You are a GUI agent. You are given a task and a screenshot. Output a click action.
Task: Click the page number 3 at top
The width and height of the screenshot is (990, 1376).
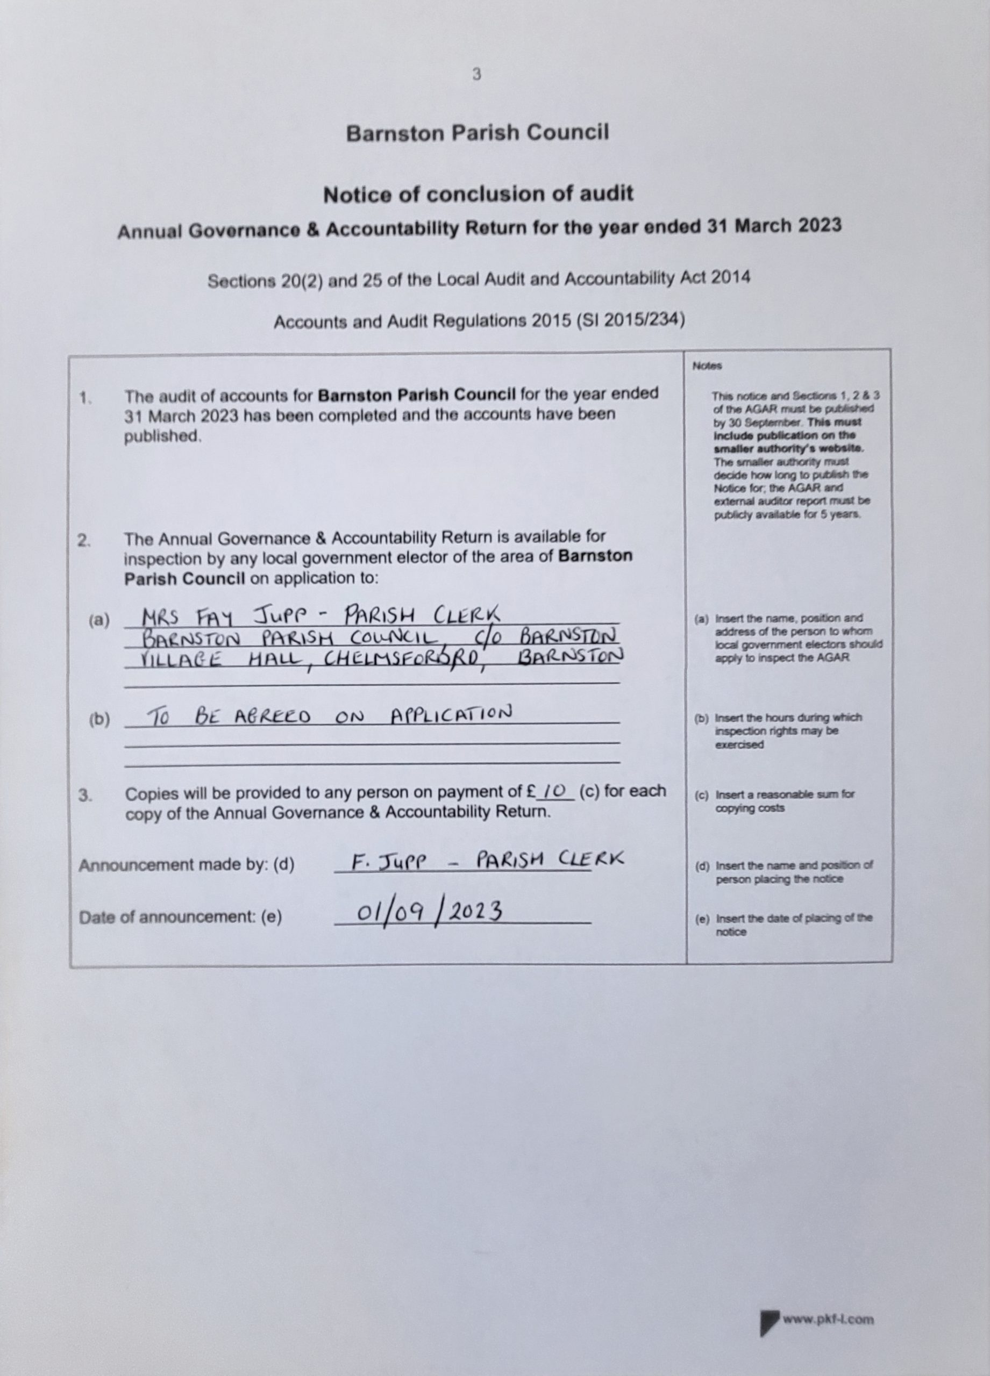pyautogui.click(x=476, y=75)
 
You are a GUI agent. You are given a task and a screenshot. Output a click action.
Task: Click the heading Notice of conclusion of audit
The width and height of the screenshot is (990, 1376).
pyautogui.click(x=478, y=195)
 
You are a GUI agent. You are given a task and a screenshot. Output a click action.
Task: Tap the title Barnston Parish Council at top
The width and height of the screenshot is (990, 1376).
pyautogui.click(x=477, y=133)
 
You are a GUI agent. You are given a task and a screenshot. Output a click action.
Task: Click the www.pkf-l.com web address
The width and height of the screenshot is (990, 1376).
pyautogui.click(x=828, y=1320)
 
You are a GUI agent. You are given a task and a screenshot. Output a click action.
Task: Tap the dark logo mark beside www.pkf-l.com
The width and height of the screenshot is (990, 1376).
pyautogui.click(x=769, y=1321)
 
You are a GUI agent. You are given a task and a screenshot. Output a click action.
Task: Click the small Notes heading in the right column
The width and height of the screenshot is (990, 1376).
pyautogui.click(x=707, y=367)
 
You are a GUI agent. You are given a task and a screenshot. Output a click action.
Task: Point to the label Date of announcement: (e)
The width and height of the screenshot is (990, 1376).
pyautogui.click(x=180, y=918)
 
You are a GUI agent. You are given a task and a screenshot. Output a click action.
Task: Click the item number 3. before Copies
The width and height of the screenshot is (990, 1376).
pyautogui.click(x=85, y=795)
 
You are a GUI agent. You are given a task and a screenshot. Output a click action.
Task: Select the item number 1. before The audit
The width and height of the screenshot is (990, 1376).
pyautogui.click(x=85, y=398)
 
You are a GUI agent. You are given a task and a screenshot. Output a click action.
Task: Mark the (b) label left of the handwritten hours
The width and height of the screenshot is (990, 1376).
pyautogui.click(x=99, y=720)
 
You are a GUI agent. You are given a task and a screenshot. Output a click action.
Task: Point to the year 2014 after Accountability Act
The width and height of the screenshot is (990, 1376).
pyautogui.click(x=731, y=278)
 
